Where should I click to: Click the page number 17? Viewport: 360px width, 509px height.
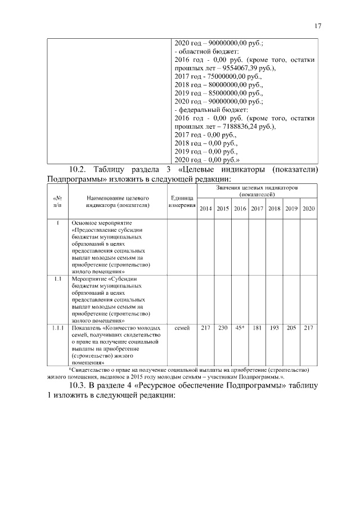tap(318, 26)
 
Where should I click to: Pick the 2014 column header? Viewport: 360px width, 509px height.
tap(206, 209)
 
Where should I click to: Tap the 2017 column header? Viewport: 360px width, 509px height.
tap(257, 209)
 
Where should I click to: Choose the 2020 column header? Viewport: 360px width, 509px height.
tap(308, 209)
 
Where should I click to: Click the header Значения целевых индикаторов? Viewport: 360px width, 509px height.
tap(256, 190)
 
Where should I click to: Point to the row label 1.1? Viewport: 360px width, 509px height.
tap(57, 278)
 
